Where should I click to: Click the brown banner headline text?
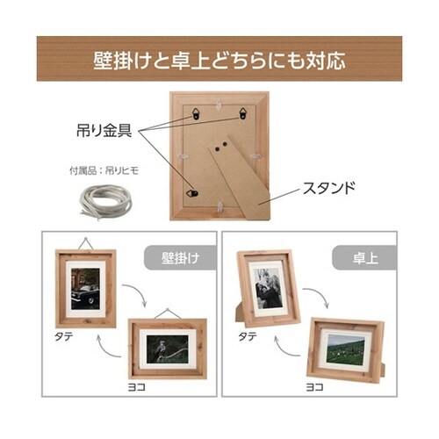click(x=219, y=61)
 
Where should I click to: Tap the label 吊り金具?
click(x=104, y=131)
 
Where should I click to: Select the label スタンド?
click(x=328, y=188)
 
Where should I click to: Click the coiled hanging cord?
click(x=106, y=202)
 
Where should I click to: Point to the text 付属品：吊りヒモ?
click(x=104, y=170)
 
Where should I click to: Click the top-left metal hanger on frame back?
click(x=197, y=113)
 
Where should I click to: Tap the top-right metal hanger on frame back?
click(x=243, y=113)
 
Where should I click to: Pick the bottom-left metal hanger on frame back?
click(x=192, y=193)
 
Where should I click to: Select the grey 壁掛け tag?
click(x=180, y=258)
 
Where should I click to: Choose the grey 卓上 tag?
click(x=364, y=258)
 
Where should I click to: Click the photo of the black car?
click(x=85, y=288)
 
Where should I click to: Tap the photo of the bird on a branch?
click(x=168, y=349)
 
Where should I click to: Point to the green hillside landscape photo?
click(x=345, y=349)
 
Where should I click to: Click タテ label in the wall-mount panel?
click(x=64, y=336)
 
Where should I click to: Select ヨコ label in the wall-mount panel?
click(x=136, y=387)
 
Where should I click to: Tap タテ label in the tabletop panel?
click(x=248, y=336)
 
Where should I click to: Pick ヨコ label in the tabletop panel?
click(x=315, y=387)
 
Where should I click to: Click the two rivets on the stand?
click(x=221, y=147)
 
